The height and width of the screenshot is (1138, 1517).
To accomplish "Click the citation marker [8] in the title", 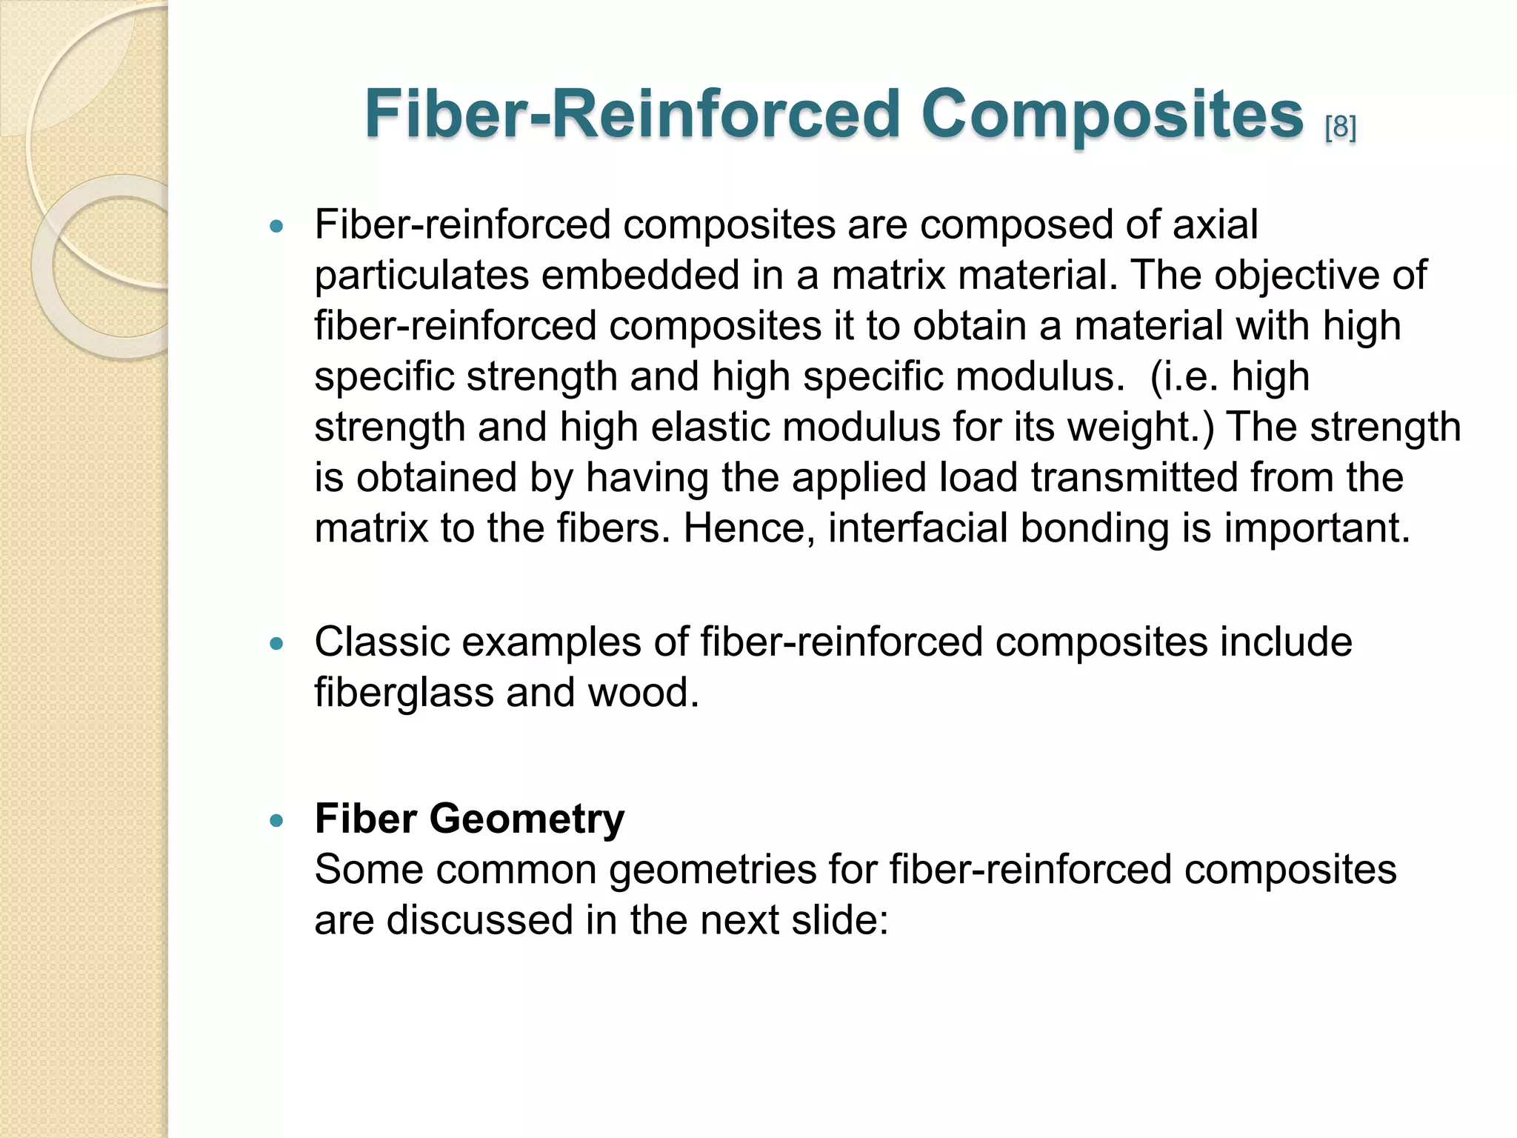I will pos(1340,128).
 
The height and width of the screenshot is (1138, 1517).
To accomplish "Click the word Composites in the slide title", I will pos(1112,115).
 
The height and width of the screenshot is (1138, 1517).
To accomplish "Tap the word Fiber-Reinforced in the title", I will pos(632,115).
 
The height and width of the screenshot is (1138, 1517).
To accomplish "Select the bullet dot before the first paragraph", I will pos(277,227).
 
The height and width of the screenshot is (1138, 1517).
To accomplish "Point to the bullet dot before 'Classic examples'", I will pos(277,645).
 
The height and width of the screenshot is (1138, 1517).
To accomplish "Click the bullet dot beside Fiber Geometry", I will pos(277,821).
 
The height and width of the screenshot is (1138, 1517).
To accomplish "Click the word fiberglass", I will pos(404,693).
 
